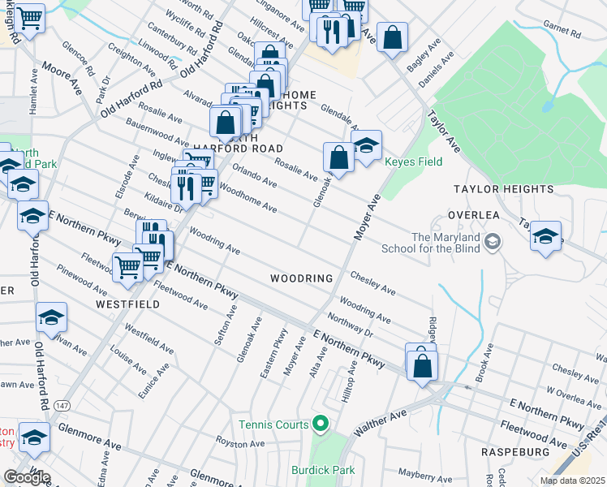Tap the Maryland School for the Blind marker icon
point(492,241)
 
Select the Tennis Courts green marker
point(321,424)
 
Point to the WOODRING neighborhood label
point(301,278)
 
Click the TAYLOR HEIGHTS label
point(503,189)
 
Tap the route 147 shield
point(62,404)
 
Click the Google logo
point(28,476)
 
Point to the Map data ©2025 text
point(571,481)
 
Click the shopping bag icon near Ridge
point(423,364)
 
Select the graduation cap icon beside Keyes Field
point(367,147)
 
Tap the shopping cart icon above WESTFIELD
point(128,265)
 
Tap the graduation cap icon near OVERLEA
point(545,236)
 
